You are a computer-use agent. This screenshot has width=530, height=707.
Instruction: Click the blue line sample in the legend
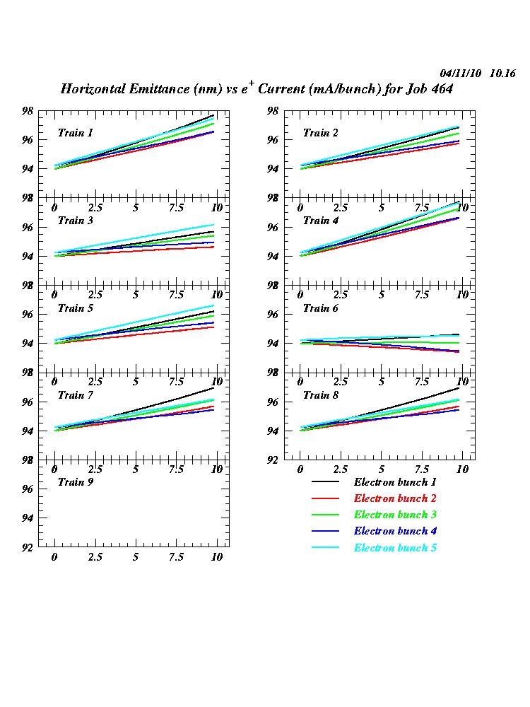[326, 532]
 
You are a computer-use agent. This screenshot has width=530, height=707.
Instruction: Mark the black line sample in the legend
[326, 482]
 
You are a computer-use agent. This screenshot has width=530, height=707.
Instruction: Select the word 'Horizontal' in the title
[93, 90]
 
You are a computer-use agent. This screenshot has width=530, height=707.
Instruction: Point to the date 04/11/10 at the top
[461, 73]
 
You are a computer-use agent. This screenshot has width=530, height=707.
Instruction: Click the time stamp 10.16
[502, 73]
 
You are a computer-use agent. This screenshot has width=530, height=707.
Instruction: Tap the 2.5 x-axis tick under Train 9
[95, 557]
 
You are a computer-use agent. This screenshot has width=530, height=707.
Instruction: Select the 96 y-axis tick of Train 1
[29, 140]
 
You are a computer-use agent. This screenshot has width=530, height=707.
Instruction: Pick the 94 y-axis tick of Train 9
[29, 518]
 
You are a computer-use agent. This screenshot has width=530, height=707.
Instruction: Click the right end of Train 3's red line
[213, 247]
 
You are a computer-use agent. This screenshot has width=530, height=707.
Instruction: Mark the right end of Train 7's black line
[213, 387]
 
